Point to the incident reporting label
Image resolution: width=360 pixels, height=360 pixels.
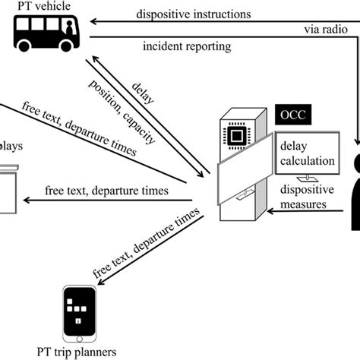pos(185,47)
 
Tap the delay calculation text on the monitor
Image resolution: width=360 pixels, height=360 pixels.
pos(308,153)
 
